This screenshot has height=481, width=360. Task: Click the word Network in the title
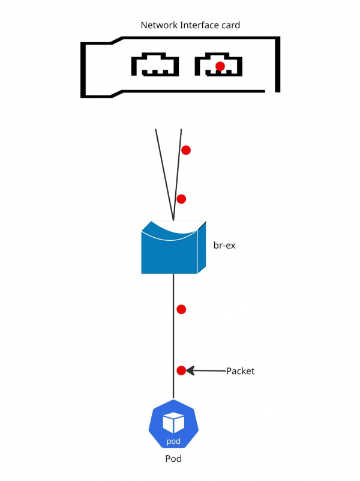158,25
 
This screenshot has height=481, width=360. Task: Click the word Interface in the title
199,25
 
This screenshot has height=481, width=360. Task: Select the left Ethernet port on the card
155,65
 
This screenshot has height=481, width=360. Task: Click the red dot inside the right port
220,65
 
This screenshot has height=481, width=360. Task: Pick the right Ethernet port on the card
218,65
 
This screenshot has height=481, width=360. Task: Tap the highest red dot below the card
186,150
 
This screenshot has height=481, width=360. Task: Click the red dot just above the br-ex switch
181,199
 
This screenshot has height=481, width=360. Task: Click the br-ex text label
224,246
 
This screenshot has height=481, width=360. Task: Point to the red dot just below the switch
181,309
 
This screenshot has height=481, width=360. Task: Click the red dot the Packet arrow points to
181,371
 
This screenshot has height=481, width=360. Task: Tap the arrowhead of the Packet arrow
190,371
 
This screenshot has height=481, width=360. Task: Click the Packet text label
240,371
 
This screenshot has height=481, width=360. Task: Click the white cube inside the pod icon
173,423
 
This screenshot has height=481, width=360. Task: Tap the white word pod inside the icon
173,443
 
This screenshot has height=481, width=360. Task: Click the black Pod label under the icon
173,459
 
